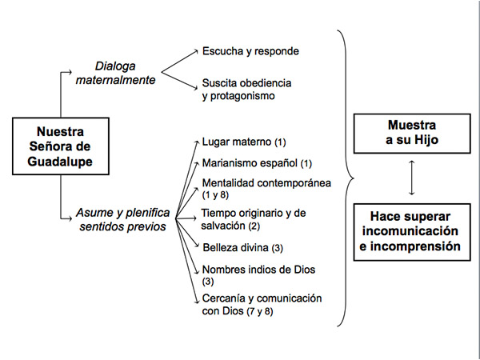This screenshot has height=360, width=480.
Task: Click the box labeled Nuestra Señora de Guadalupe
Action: [x=61, y=146]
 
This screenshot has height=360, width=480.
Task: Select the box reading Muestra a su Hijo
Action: [x=412, y=134]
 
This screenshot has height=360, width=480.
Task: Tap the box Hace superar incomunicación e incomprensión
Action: [x=412, y=232]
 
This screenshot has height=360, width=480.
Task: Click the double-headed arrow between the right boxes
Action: [x=412, y=178]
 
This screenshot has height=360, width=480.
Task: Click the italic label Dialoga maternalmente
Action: [x=115, y=73]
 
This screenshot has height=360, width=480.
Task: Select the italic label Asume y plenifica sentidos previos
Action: [x=122, y=219]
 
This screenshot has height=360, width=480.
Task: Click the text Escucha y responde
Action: [x=250, y=51]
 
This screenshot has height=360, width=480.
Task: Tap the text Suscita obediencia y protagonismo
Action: [x=246, y=90]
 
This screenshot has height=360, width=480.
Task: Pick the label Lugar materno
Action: [x=237, y=142]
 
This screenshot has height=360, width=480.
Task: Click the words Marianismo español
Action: [x=250, y=163]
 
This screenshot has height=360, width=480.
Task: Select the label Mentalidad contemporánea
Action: [x=266, y=183]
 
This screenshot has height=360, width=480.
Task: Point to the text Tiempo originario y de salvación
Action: [x=253, y=219]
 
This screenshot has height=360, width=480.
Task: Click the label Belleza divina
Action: [x=235, y=247]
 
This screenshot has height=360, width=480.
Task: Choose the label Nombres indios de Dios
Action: [x=258, y=270]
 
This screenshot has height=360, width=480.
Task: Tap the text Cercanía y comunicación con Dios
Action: [x=262, y=305]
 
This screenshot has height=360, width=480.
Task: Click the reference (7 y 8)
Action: [x=259, y=311]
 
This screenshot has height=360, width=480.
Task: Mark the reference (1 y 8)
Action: [x=215, y=195]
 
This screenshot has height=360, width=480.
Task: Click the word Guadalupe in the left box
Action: [x=60, y=162]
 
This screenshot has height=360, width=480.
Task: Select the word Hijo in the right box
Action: [x=426, y=140]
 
